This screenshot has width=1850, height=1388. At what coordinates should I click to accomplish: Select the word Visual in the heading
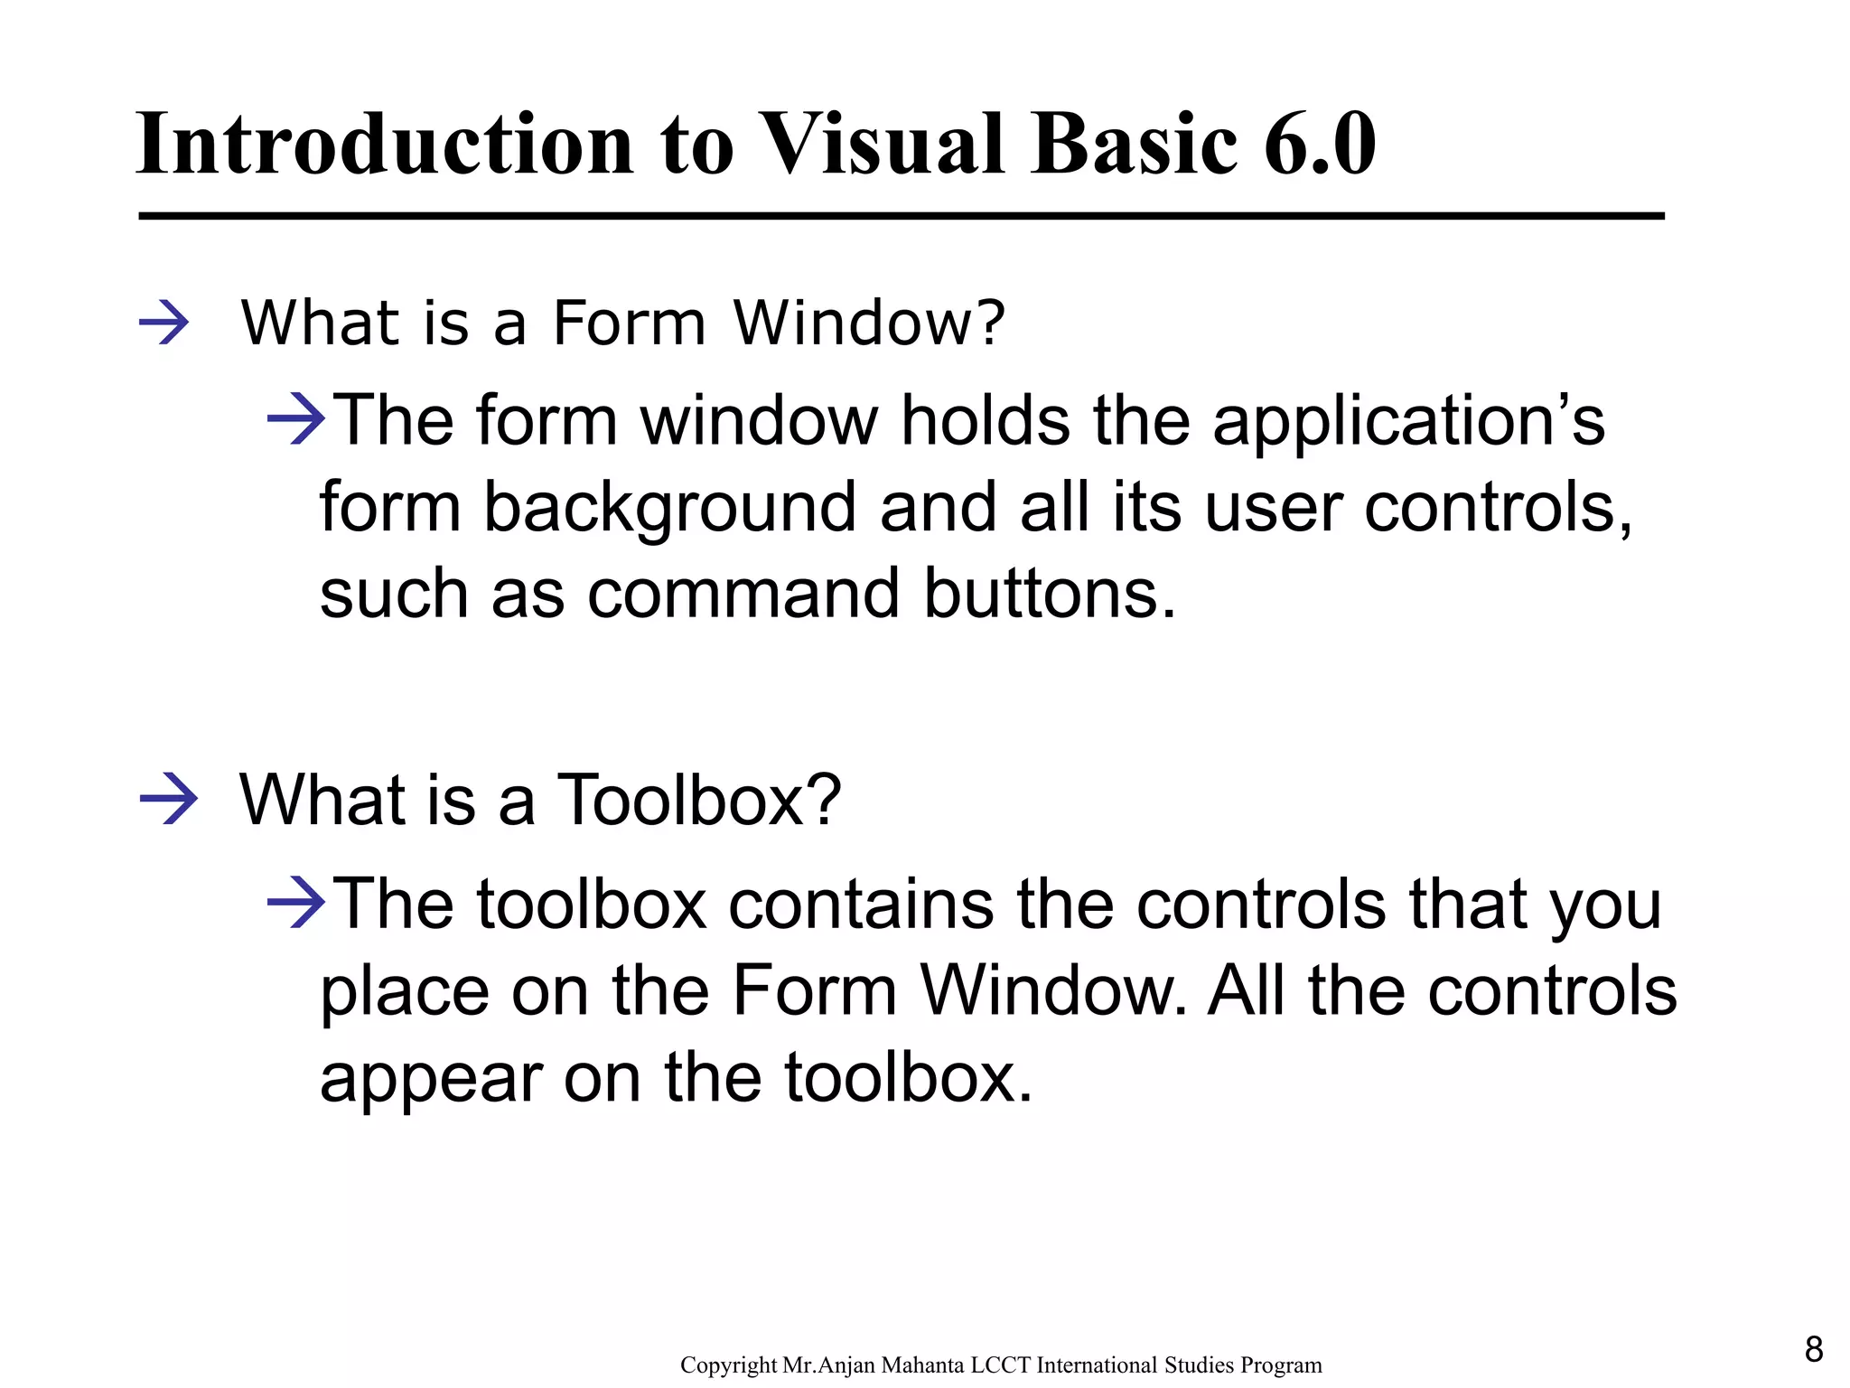pyautogui.click(x=882, y=145)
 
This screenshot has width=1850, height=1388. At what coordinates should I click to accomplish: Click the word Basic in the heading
pyautogui.click(x=1134, y=145)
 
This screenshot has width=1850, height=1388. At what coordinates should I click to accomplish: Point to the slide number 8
pyautogui.click(x=1814, y=1350)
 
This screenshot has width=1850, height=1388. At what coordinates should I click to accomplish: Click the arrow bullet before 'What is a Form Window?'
pyautogui.click(x=164, y=324)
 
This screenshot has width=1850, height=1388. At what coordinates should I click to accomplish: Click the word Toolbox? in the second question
pyautogui.click(x=698, y=800)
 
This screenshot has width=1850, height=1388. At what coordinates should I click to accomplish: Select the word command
pyautogui.click(x=743, y=595)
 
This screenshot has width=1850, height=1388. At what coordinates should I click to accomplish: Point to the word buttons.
pyautogui.click(x=1051, y=595)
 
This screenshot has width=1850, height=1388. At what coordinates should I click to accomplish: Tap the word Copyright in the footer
pyautogui.click(x=728, y=1365)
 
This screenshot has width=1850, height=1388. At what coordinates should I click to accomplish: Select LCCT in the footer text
pyautogui.click(x=1001, y=1365)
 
